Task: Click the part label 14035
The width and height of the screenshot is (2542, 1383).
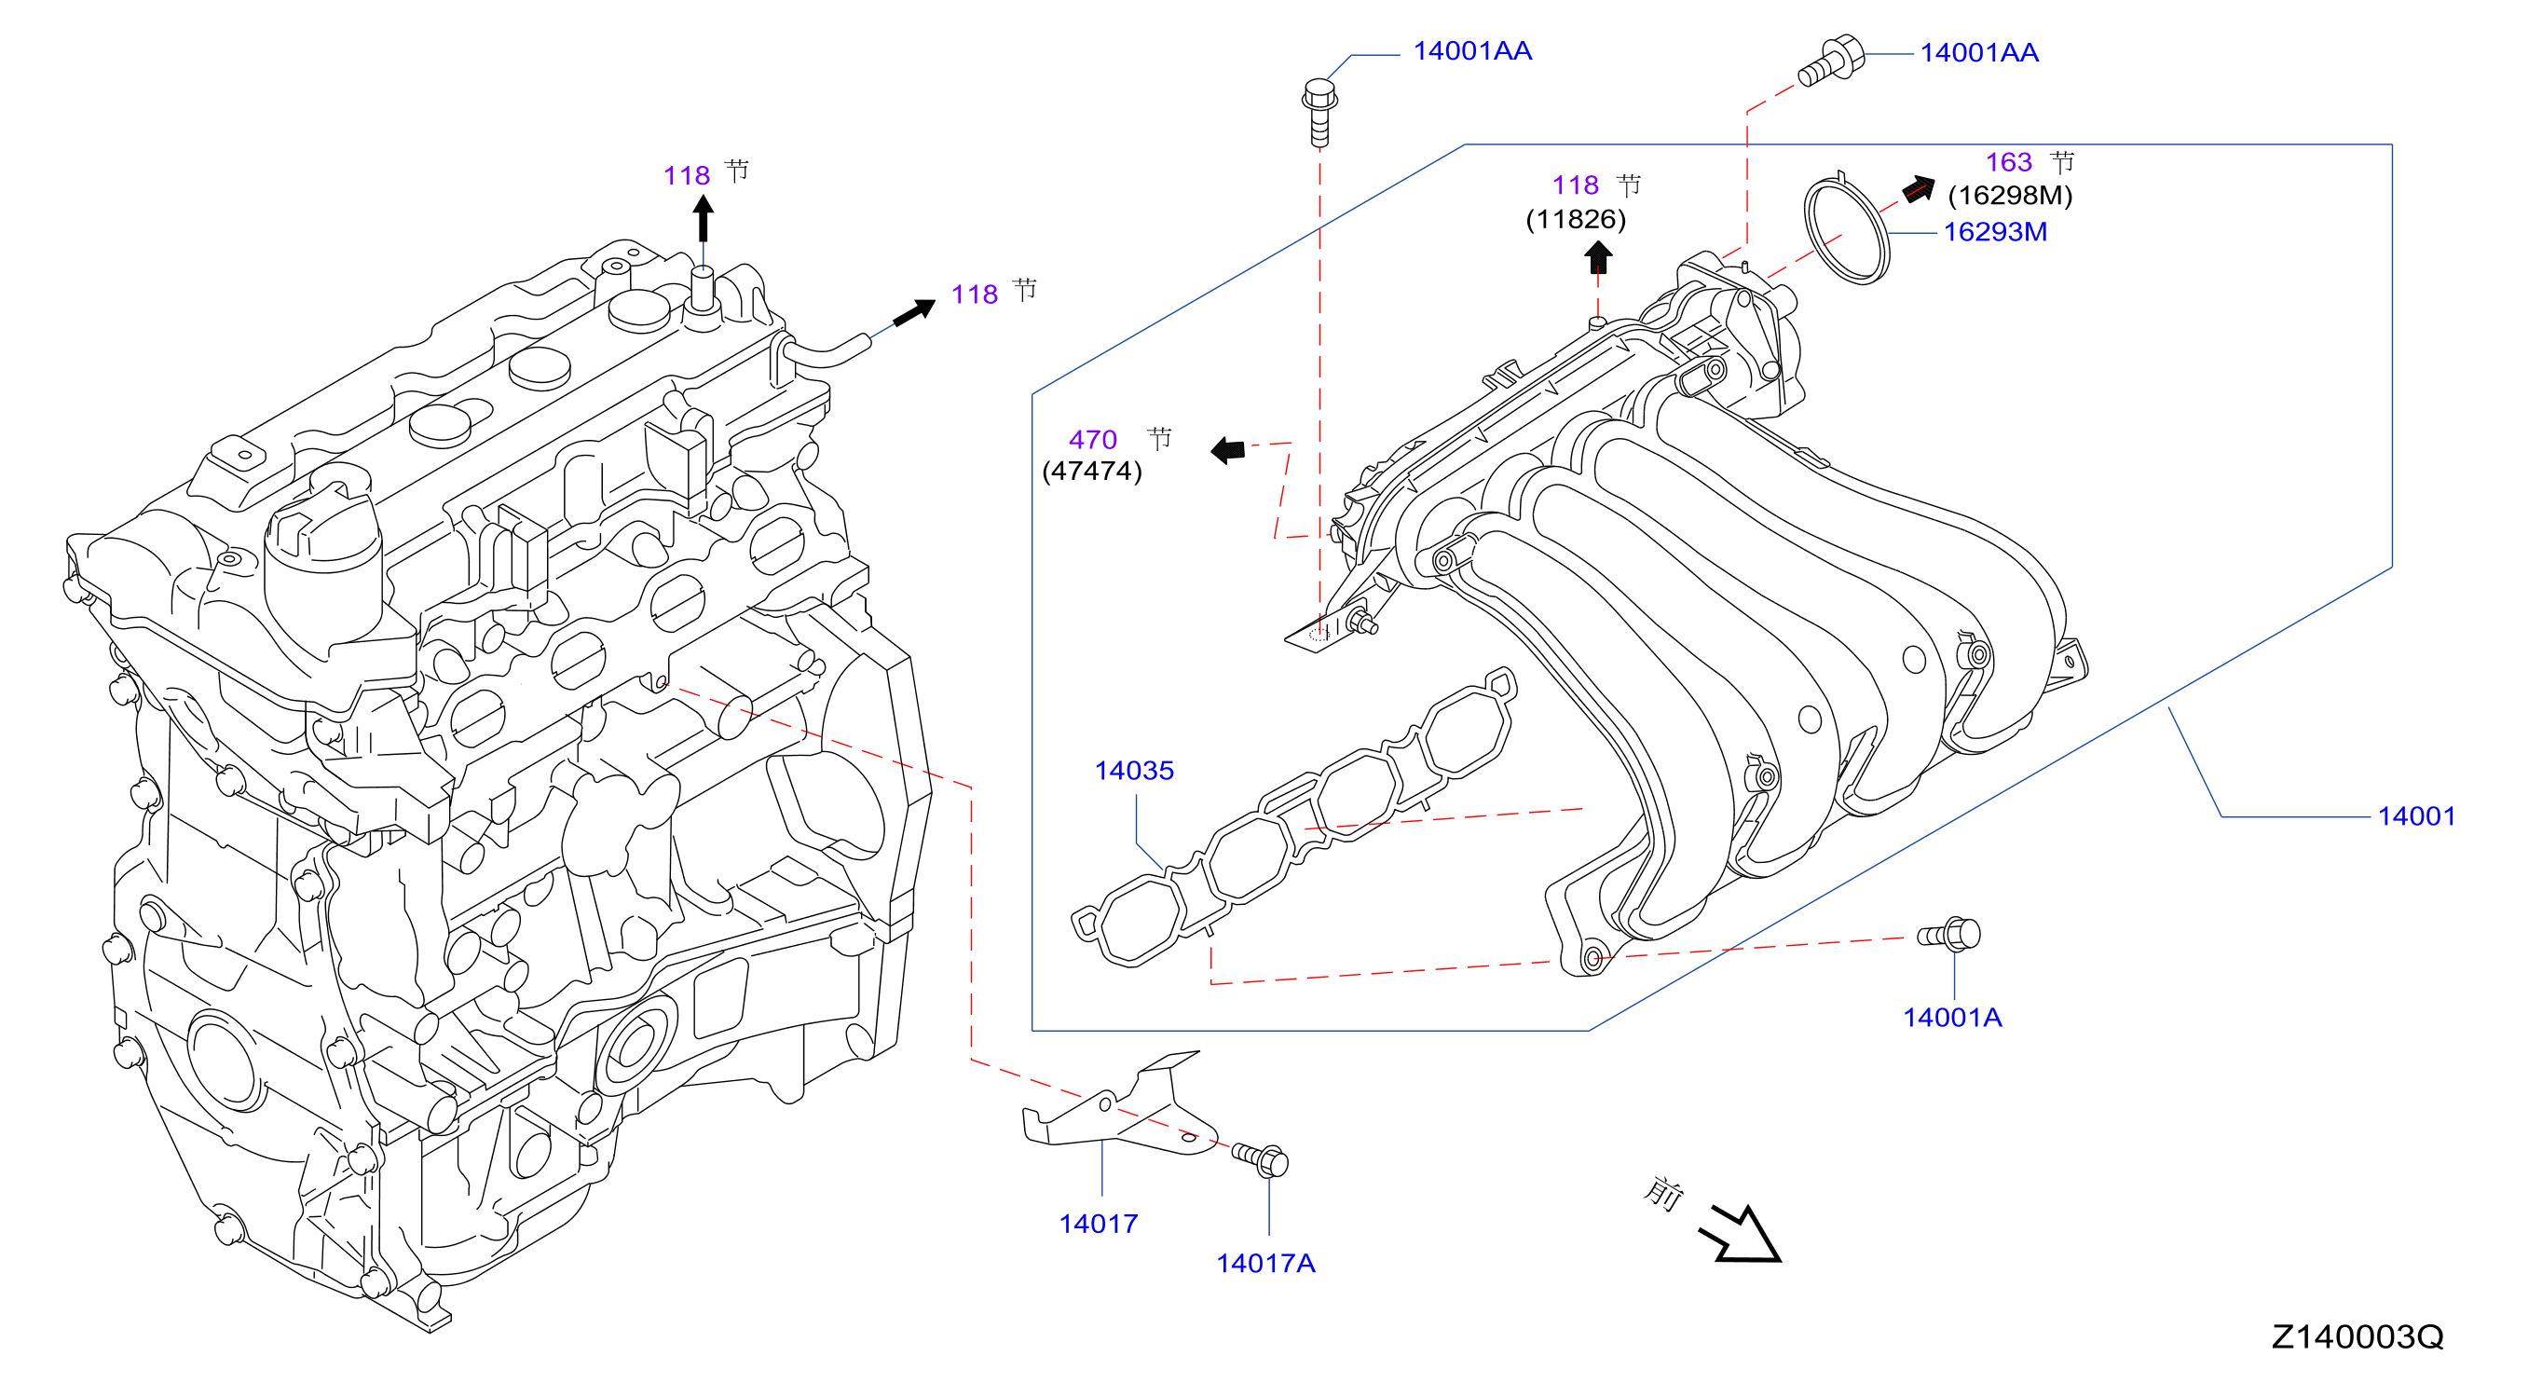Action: point(1134,771)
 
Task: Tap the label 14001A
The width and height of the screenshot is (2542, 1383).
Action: point(1952,1018)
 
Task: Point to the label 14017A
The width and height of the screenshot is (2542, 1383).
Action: point(1265,1264)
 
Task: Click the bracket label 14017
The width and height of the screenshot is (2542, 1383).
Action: point(1099,1224)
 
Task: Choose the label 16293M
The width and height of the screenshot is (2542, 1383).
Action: point(1995,232)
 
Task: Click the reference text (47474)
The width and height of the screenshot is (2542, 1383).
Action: point(1092,471)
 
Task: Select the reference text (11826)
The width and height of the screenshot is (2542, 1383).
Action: point(1576,219)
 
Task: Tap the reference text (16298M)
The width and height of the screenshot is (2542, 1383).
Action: point(2010,196)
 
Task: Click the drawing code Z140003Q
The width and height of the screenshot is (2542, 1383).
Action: point(2357,1336)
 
